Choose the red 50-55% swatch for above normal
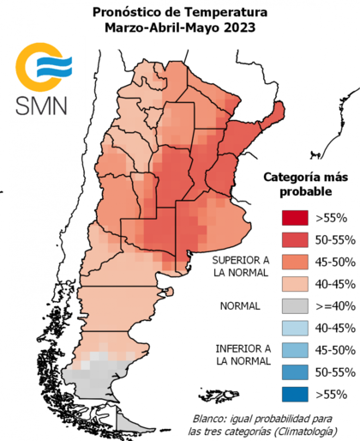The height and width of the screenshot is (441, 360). click(293, 237)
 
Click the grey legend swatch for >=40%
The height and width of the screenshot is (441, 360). click(293, 305)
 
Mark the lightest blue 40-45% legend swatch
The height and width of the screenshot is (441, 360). click(293, 327)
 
